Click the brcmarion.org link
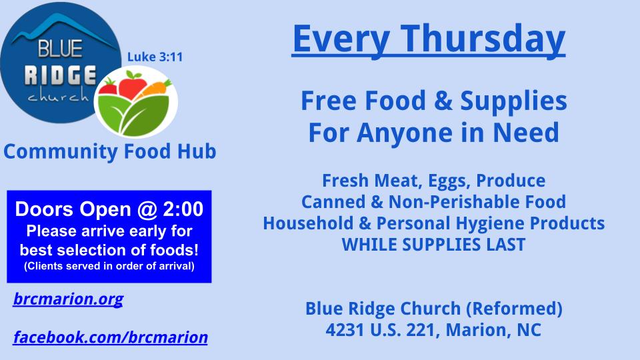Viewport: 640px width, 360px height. pos(68,299)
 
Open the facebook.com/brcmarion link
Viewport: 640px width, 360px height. pos(110,337)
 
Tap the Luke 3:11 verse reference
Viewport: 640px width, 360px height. pos(155,57)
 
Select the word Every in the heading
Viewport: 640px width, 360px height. pos(341,40)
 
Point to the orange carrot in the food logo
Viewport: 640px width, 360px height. pos(156,89)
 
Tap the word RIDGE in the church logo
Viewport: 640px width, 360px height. pos(61,75)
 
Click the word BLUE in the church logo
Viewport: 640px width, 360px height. pos(61,49)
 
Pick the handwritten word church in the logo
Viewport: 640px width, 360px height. pos(58,96)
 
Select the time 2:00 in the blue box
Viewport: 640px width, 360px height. pos(183,209)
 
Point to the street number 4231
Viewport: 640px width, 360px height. pos(345,330)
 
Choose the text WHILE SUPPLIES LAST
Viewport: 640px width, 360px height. pos(433,245)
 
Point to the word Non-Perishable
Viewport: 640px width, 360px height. pos(454,202)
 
